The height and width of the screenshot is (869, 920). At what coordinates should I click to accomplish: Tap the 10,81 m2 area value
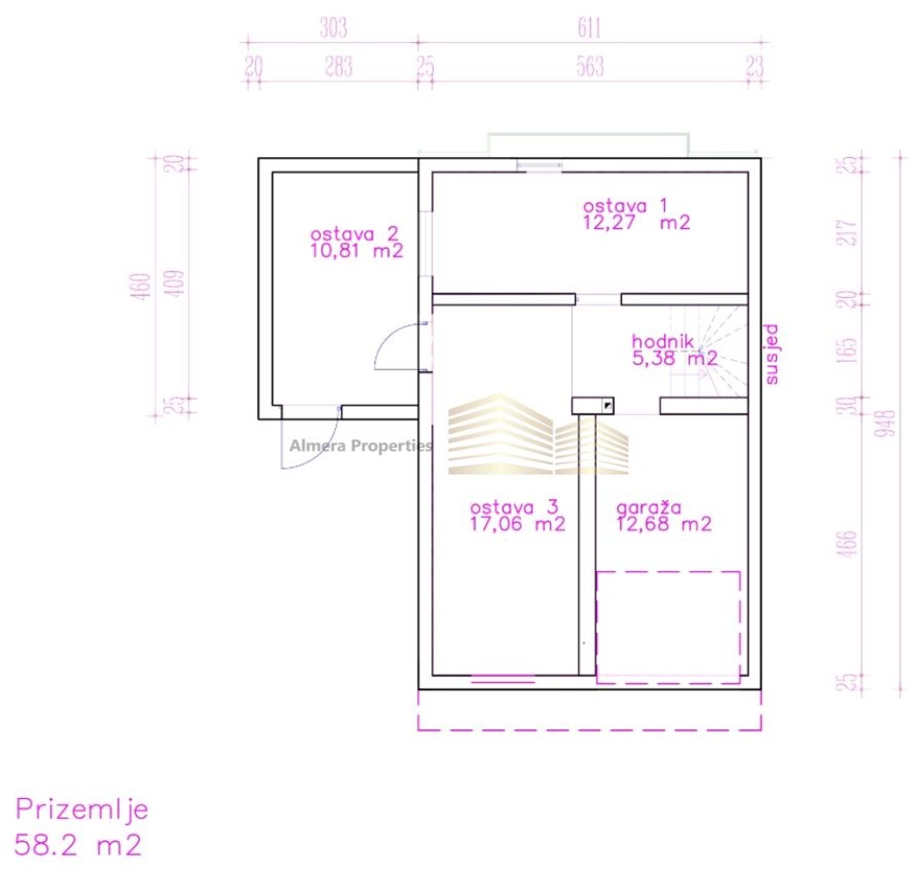coord(356,251)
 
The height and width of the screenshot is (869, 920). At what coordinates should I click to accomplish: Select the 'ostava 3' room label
coord(509,506)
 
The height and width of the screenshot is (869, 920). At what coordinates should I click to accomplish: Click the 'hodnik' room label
coord(662,341)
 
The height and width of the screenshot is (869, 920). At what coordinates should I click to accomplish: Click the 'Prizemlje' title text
coord(82,810)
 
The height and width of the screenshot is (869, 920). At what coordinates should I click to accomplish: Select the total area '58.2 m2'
coord(79,844)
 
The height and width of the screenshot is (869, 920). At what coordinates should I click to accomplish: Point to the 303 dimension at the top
coord(332,29)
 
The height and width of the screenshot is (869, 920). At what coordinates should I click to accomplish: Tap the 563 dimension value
coord(589,67)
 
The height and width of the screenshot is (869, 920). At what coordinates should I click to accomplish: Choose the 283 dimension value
coord(338,67)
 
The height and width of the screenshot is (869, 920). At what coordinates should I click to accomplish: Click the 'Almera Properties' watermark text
coord(360,445)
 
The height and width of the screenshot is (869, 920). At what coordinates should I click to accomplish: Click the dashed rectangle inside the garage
coord(668,627)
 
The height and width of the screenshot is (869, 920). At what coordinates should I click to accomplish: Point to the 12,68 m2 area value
coord(664,525)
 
